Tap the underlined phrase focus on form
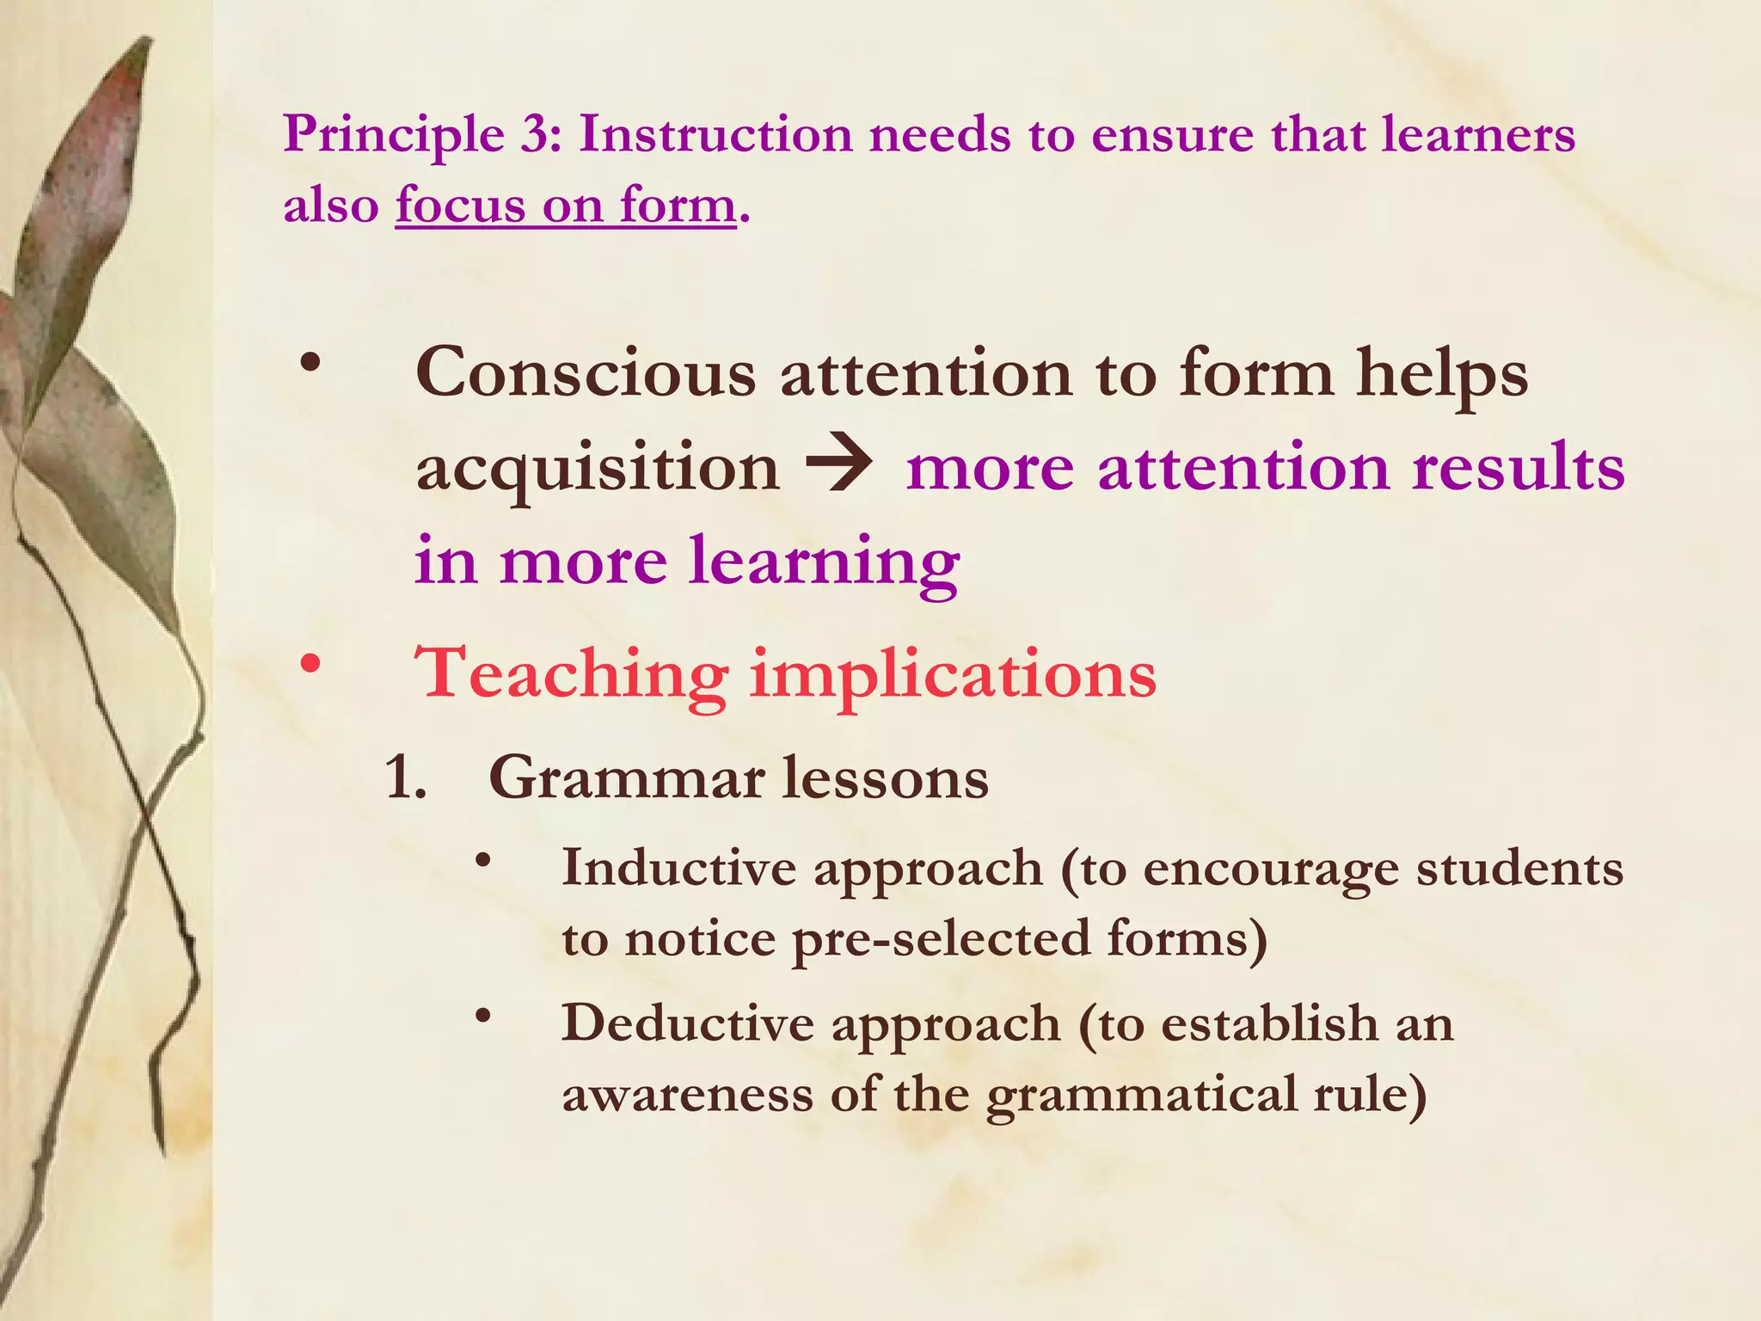click(x=566, y=206)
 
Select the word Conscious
click(x=586, y=374)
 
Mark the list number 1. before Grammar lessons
click(x=406, y=779)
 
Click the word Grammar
click(x=627, y=779)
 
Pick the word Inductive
click(x=679, y=867)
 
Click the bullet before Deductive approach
click(x=484, y=1016)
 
